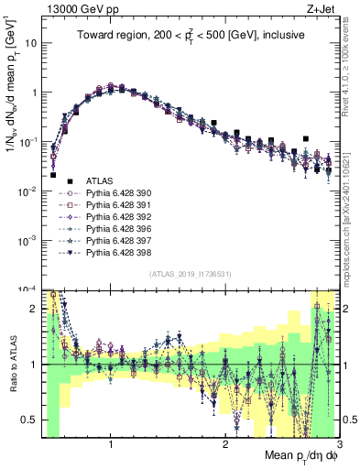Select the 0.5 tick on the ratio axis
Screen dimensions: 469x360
tap(33, 420)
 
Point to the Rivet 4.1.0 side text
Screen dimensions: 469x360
tap(351, 59)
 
